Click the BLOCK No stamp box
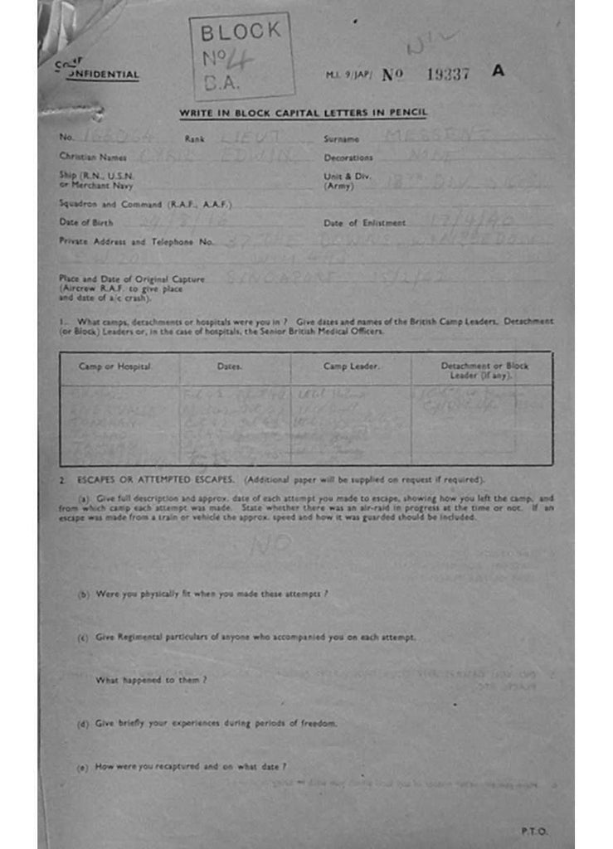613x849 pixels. [241, 56]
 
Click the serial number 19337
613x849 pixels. [448, 74]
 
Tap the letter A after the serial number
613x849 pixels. [498, 71]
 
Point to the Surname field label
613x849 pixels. [341, 139]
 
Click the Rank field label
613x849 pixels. [194, 139]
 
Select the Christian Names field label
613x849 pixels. [92, 156]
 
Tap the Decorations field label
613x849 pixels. [348, 157]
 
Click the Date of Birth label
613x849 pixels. [86, 222]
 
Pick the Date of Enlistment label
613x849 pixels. [364, 222]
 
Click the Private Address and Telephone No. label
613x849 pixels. [136, 241]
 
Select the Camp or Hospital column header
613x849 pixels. [114, 366]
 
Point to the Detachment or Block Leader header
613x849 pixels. [484, 370]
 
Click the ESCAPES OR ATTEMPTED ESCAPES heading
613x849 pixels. [158, 480]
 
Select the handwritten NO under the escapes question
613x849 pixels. [271, 544]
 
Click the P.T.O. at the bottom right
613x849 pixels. [534, 830]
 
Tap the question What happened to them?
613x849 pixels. [151, 680]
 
